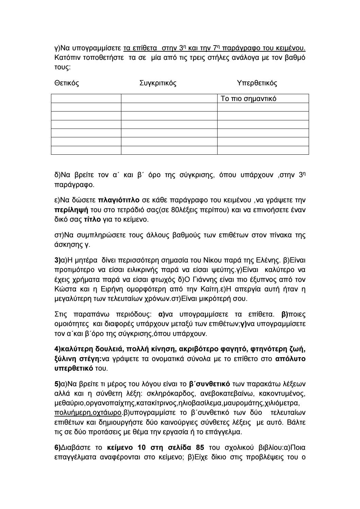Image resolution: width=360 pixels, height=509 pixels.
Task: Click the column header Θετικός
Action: (x=67, y=83)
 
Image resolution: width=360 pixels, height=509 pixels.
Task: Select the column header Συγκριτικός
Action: (x=158, y=83)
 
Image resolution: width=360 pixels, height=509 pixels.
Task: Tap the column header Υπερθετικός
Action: (x=257, y=83)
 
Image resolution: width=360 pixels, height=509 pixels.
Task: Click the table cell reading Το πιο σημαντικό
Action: (x=248, y=99)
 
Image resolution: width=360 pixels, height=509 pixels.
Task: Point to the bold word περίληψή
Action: (x=69, y=209)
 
